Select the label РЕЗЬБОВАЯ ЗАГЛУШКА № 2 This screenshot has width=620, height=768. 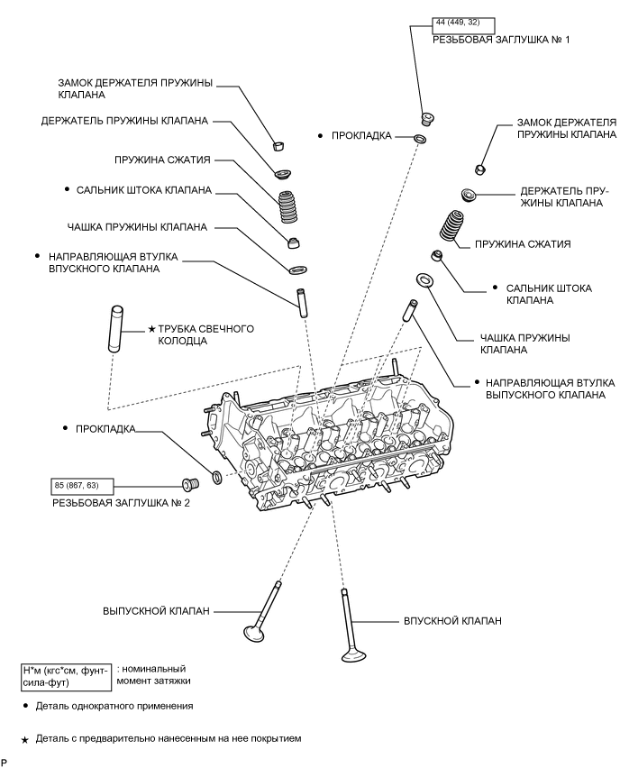(121, 502)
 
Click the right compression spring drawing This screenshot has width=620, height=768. (452, 228)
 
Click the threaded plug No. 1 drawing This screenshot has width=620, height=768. (429, 117)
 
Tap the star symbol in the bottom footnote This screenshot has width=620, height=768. (26, 739)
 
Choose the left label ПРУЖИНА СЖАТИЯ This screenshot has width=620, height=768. (162, 160)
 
